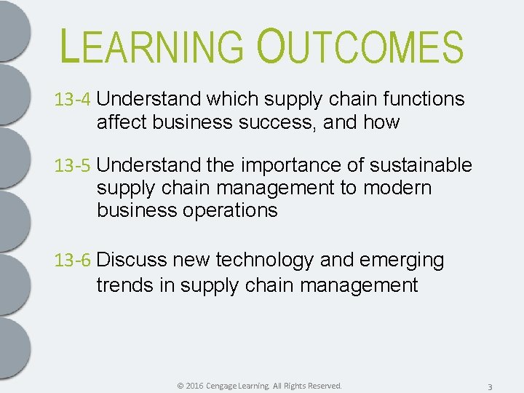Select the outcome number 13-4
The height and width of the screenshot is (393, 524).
pyautogui.click(x=73, y=100)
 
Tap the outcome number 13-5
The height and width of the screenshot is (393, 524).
pyautogui.click(x=73, y=166)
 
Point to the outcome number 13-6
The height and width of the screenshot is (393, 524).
pyautogui.click(x=73, y=261)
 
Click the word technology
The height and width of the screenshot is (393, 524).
pyautogui.click(x=274, y=261)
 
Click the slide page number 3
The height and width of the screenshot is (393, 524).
pyautogui.click(x=490, y=386)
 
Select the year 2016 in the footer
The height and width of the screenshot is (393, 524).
pyautogui.click(x=194, y=386)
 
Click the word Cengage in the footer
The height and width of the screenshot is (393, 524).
pyautogui.click(x=226, y=386)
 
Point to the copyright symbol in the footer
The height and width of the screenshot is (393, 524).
pyautogui.click(x=180, y=386)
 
